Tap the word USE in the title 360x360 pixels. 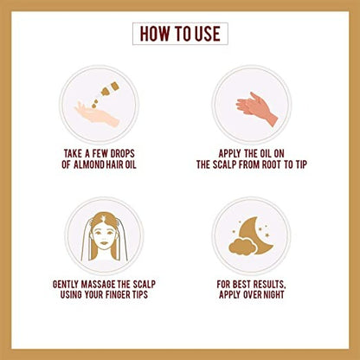pyautogui.click(x=208, y=34)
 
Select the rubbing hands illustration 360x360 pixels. pyautogui.click(x=256, y=109)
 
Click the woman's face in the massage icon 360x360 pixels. pyautogui.click(x=103, y=235)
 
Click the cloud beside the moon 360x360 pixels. pyautogui.click(x=241, y=247)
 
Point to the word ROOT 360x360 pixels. pyautogui.click(x=272, y=164)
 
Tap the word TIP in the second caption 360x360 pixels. pyautogui.click(x=301, y=164)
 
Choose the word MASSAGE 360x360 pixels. pyautogui.click(x=99, y=284)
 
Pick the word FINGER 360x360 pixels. pyautogui.click(x=119, y=294)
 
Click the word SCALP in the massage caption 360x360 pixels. pyautogui.click(x=145, y=284)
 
